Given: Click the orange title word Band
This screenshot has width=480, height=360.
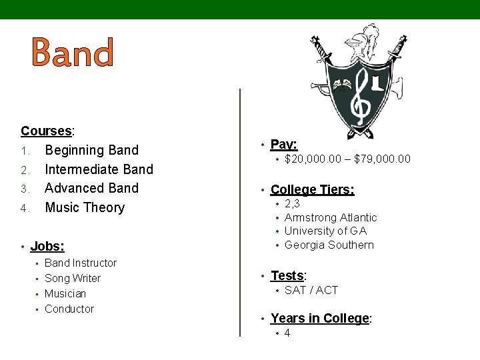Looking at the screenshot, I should click(72, 53).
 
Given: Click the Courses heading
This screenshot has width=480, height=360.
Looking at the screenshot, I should click(47, 131).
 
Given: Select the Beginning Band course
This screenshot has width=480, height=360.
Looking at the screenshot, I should click(91, 150).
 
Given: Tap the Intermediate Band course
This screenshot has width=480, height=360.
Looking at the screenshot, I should click(99, 169).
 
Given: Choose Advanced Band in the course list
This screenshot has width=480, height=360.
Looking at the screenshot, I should click(91, 188).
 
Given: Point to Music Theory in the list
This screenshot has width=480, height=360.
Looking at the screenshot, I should click(85, 207).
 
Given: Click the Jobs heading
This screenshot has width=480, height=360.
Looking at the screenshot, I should click(47, 247).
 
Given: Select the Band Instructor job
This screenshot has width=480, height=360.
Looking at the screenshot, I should click(80, 263).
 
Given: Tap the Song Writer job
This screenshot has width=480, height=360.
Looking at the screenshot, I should click(73, 279).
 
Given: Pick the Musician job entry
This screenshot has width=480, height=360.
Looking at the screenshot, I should click(65, 293).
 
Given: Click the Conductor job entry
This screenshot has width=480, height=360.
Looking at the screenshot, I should click(69, 309).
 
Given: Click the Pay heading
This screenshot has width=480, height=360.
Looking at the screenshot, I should click(284, 144).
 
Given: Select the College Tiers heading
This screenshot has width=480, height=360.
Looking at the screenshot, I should click(312, 190).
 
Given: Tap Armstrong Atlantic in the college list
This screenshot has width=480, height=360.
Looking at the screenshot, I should click(331, 217).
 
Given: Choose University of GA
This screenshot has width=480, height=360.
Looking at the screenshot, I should click(325, 231).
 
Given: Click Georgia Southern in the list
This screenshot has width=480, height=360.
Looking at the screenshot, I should click(329, 245).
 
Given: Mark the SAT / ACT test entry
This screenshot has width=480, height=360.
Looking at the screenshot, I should click(311, 290).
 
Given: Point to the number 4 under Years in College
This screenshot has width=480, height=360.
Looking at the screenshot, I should click(287, 333).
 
